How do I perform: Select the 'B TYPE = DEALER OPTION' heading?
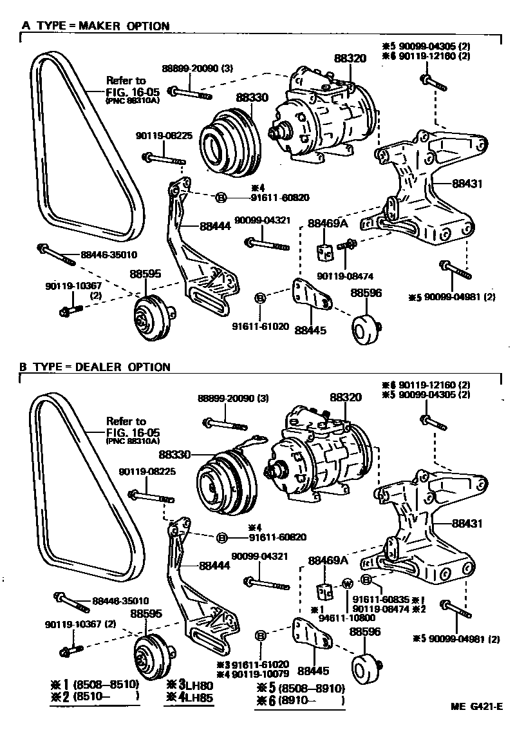click(x=95, y=367)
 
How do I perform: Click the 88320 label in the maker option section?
click(x=350, y=59)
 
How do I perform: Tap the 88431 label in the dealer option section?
click(x=465, y=524)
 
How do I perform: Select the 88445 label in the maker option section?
click(x=310, y=331)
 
